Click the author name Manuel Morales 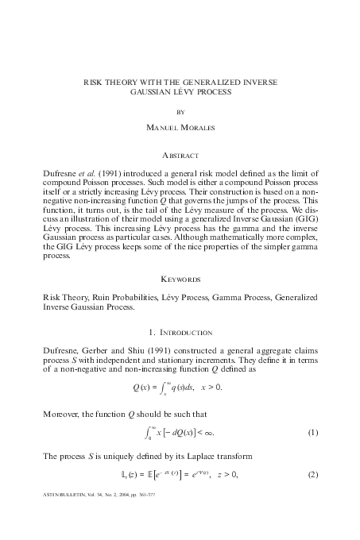click(x=180, y=128)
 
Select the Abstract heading click(x=180, y=156)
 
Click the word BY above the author click(x=180, y=112)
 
